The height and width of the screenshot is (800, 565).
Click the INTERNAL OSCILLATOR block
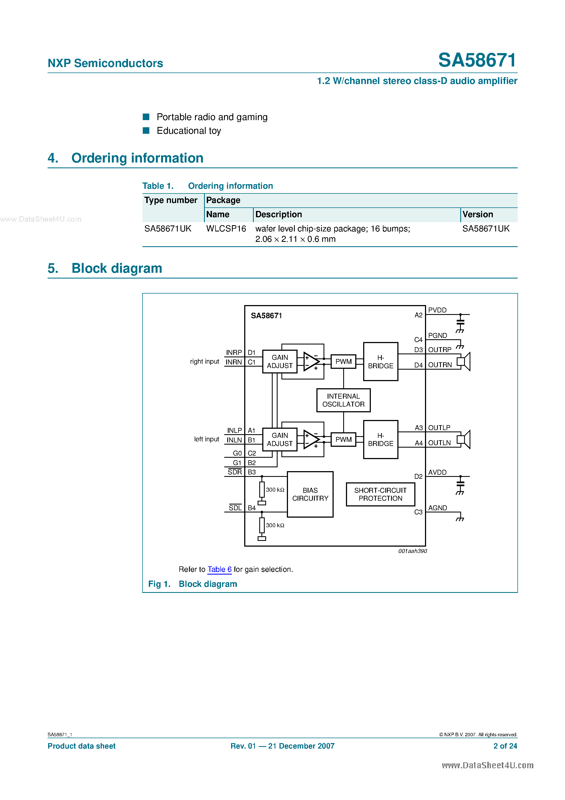[343, 400]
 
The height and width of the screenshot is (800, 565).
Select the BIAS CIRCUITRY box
[310, 494]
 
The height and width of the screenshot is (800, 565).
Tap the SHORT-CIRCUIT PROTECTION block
[380, 494]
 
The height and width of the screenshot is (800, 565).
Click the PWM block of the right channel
[343, 362]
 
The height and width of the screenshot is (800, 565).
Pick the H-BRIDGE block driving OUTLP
[380, 439]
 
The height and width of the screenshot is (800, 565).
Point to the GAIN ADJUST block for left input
[280, 439]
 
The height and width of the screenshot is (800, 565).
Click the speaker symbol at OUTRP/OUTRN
[464, 362]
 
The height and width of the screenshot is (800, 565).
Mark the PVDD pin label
[437, 310]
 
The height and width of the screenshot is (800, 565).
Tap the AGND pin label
[438, 508]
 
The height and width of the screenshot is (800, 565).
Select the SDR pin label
[235, 472]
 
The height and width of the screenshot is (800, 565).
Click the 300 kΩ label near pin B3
[275, 489]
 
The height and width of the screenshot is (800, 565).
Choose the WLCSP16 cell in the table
[226, 228]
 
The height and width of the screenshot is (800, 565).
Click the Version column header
[477, 214]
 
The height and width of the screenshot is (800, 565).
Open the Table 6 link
[219, 569]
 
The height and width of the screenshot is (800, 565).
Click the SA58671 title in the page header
[477, 60]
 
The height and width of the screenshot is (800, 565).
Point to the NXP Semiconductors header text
[105, 63]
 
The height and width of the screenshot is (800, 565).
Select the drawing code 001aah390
[412, 551]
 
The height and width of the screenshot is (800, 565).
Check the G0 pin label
[237, 453]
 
